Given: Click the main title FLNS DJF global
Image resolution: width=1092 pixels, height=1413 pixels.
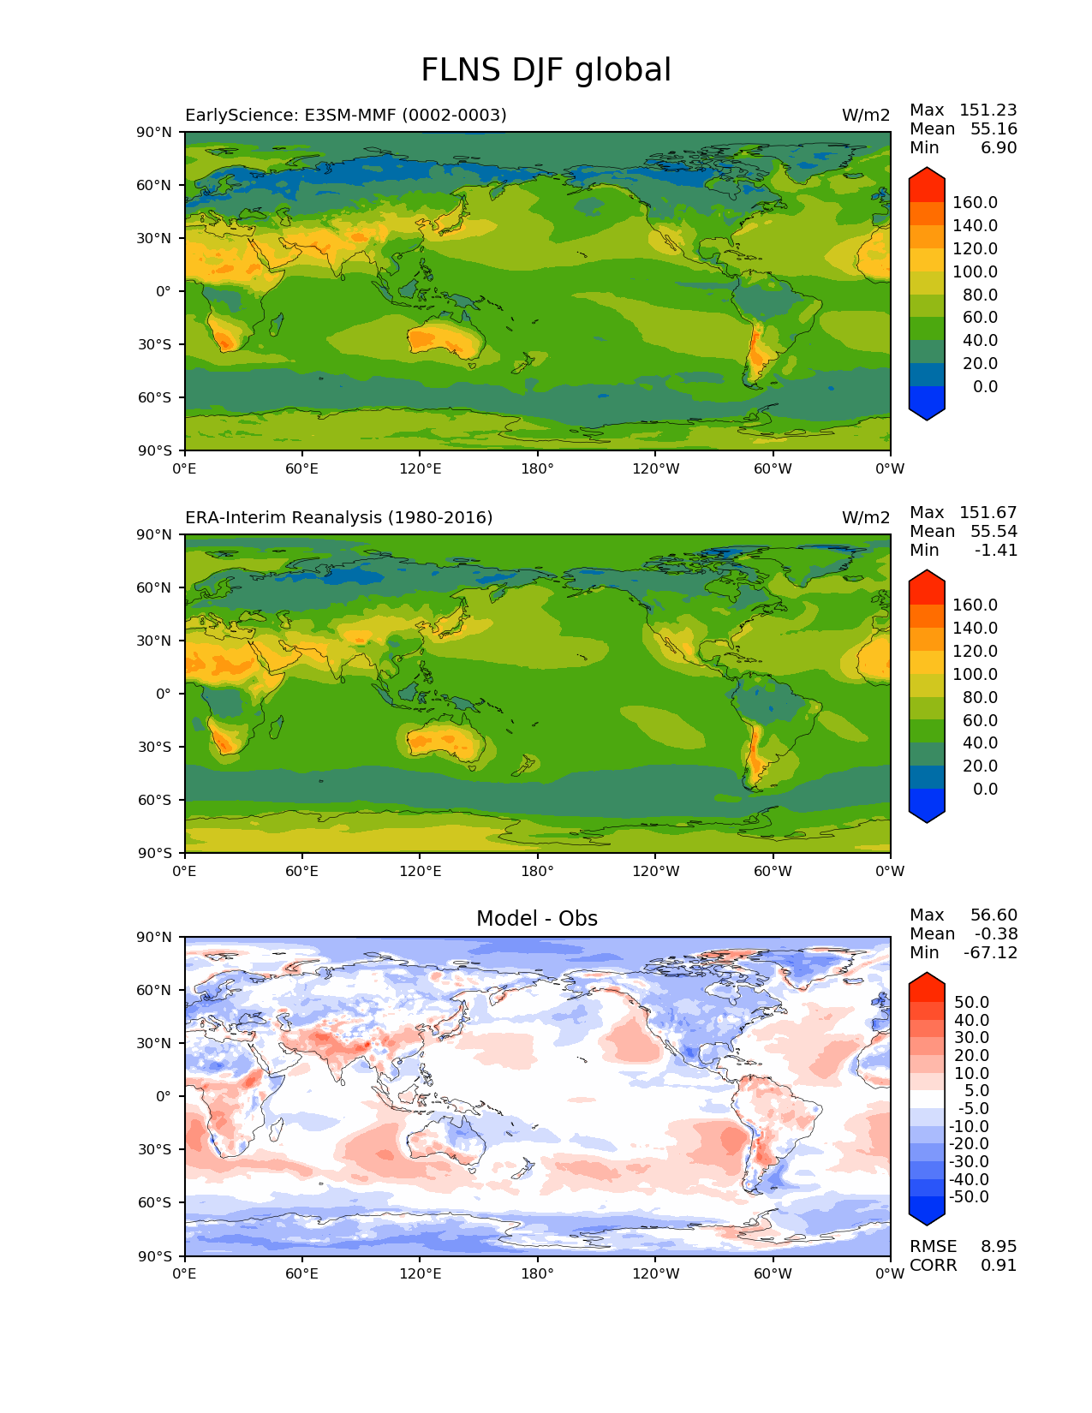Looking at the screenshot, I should click(546, 70).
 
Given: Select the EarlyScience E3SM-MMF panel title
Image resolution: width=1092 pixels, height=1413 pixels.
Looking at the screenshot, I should click(345, 115).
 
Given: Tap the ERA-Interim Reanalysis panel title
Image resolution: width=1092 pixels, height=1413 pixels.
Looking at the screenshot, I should click(338, 517).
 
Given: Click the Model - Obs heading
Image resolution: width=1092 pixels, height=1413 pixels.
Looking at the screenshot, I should click(537, 919).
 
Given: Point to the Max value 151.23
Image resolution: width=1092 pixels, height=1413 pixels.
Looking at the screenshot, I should click(988, 110).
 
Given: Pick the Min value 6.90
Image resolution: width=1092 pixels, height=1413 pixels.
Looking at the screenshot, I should click(999, 147).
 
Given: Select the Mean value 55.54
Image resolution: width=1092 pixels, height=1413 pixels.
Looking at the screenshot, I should click(994, 531).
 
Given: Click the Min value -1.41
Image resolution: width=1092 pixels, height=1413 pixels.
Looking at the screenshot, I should click(996, 550).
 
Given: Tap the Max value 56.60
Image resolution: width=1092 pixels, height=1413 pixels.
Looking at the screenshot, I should click(994, 915).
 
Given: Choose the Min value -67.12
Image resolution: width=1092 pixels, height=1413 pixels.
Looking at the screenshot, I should click(990, 952).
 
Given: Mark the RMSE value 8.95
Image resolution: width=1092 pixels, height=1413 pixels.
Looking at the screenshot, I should click(999, 1246).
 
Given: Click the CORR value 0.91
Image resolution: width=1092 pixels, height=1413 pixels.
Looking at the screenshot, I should click(999, 1265).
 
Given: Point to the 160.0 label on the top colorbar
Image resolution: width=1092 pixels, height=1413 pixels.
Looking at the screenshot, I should click(975, 202).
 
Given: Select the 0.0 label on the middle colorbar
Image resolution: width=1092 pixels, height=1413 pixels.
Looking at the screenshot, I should click(985, 789).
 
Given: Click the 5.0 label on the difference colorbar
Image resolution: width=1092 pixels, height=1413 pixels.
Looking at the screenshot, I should click(977, 1090).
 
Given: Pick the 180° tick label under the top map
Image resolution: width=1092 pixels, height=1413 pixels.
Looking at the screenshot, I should click(538, 468).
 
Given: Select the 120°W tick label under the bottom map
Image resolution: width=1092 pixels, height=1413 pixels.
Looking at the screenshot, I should click(656, 1273).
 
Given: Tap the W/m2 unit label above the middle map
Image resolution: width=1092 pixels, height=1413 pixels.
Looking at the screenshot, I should click(866, 517).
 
